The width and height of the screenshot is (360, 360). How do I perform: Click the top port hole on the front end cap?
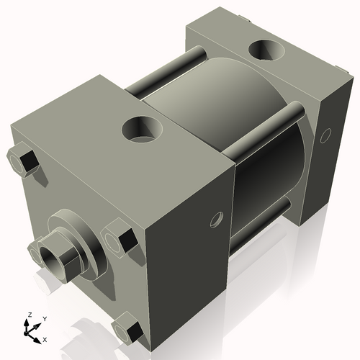click(x=138, y=130)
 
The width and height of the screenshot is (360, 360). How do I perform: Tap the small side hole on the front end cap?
click(x=214, y=219)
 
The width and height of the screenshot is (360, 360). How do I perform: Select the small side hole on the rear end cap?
click(x=325, y=134)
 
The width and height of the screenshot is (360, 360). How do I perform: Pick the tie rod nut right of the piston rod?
click(x=119, y=239)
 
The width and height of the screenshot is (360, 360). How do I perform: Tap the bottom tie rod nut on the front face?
click(x=129, y=329)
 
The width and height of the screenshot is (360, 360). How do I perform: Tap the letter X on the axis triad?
click(x=45, y=338)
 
